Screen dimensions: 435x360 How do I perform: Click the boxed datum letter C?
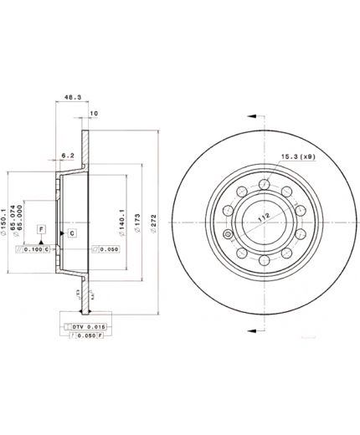(x=72, y=233)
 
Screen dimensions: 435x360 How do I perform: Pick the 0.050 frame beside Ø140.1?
(x=107, y=249)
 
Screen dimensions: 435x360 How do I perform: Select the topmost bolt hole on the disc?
(x=263, y=184)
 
